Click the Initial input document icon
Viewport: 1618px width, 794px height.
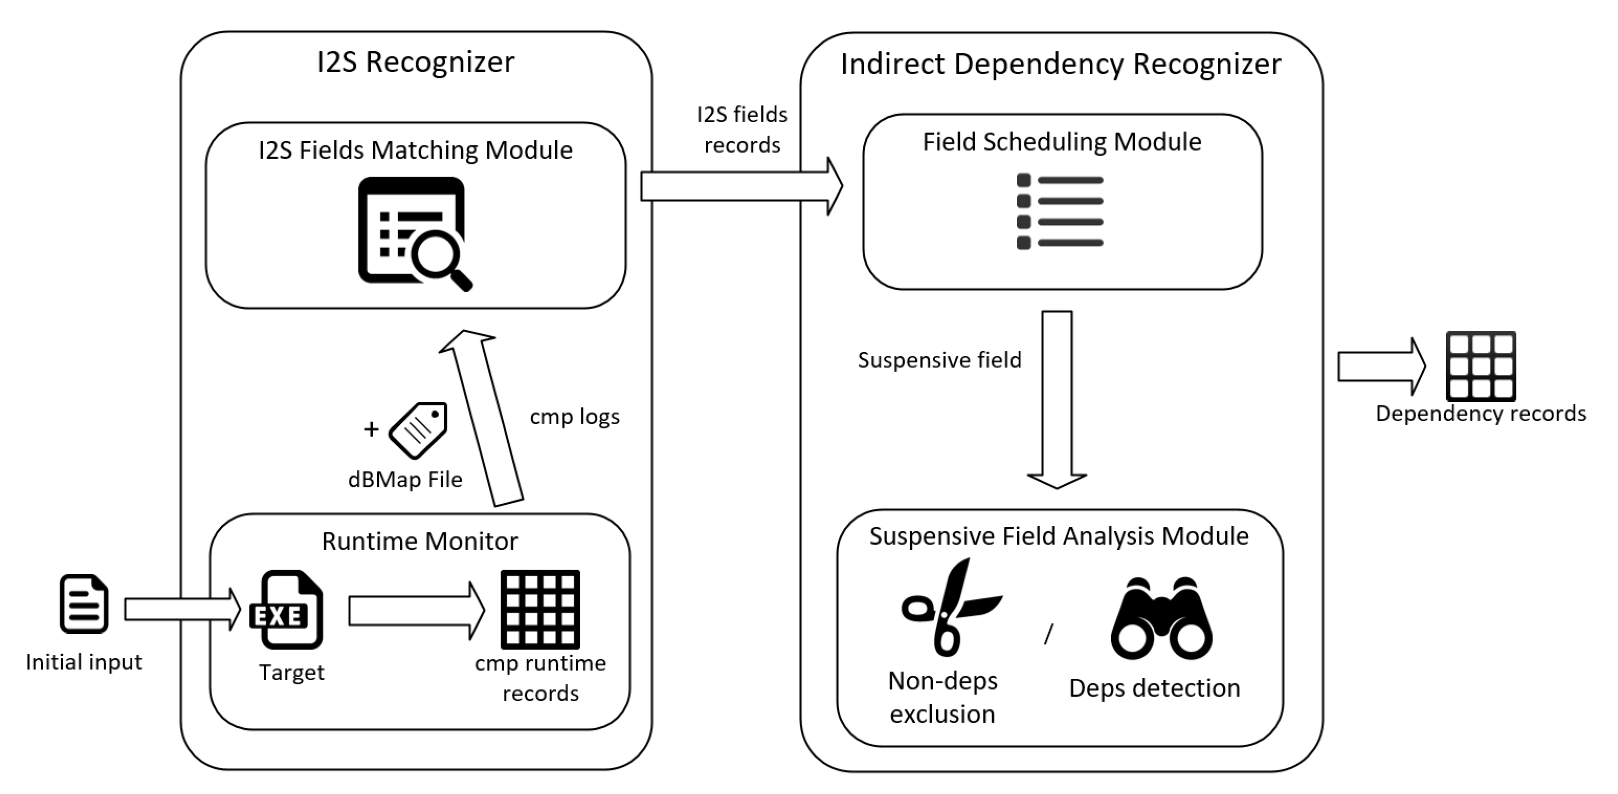click(84, 603)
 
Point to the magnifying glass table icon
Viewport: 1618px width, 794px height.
click(415, 234)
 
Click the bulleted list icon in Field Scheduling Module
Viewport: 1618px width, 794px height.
click(1060, 211)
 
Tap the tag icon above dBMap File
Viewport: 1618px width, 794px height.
click(418, 430)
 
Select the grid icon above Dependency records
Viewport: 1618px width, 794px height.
click(1481, 366)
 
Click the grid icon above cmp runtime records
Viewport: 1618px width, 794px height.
click(540, 609)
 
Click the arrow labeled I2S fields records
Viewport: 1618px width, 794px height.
click(742, 186)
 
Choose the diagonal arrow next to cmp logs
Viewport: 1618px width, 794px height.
click(481, 418)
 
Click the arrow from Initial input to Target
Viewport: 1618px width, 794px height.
click(183, 609)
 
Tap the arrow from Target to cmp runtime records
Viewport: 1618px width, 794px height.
click(417, 611)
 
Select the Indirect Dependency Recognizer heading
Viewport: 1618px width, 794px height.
click(1061, 64)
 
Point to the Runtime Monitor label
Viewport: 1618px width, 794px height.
click(420, 541)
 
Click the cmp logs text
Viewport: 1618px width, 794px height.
click(575, 418)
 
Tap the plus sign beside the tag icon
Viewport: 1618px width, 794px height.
click(371, 429)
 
